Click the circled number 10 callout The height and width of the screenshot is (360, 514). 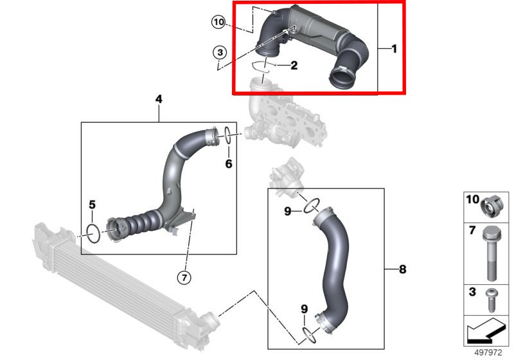click(x=218, y=22)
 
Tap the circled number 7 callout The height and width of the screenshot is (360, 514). click(x=185, y=277)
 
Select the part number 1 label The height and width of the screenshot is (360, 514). click(x=394, y=49)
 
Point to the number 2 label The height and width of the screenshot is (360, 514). click(x=294, y=65)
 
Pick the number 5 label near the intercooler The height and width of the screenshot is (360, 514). click(x=92, y=204)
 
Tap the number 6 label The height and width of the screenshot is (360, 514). click(x=228, y=164)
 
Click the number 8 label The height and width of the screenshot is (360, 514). click(x=403, y=269)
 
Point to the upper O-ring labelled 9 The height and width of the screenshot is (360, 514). click(x=311, y=206)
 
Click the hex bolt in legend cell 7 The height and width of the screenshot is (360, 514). click(x=491, y=254)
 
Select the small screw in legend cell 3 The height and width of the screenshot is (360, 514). click(x=492, y=297)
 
